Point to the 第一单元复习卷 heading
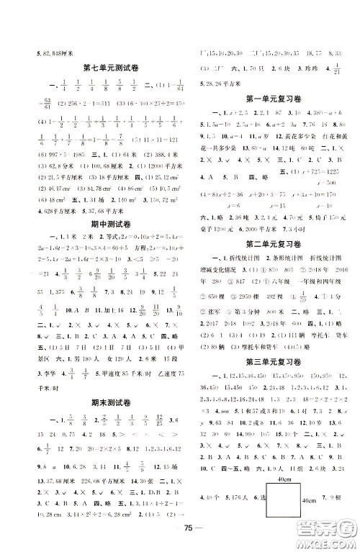coord(270,98)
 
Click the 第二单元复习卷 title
coord(270,242)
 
